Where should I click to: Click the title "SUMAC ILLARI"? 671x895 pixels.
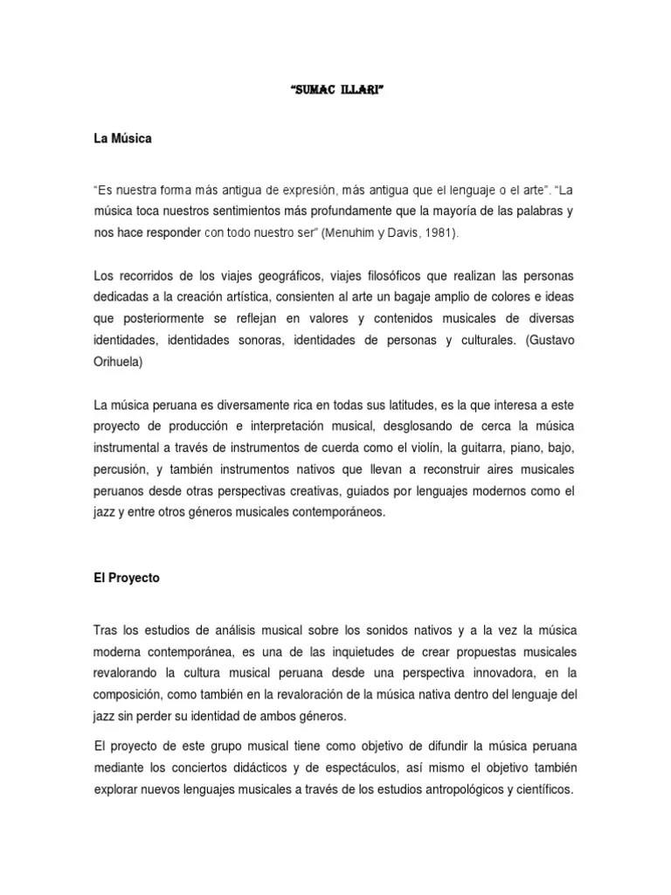[x=335, y=90]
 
